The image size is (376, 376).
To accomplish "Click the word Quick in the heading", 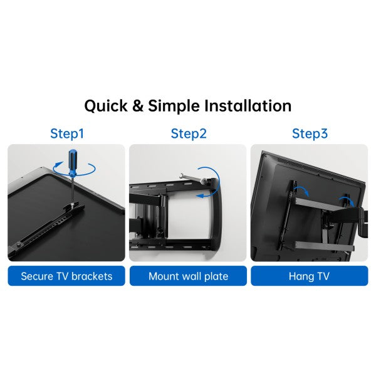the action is click(x=106, y=106).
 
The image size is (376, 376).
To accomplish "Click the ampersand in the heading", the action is click(x=138, y=106).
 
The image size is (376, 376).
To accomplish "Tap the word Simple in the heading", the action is click(x=174, y=106).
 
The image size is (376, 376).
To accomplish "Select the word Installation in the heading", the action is click(x=248, y=105).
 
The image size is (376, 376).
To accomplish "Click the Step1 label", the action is click(x=67, y=133).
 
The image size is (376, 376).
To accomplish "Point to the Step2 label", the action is click(x=189, y=133).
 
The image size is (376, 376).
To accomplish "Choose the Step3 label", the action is click(x=310, y=133).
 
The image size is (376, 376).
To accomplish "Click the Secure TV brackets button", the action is click(x=66, y=276).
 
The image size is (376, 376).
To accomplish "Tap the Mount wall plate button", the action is click(x=188, y=276).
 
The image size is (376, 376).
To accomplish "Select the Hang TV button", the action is click(x=310, y=276).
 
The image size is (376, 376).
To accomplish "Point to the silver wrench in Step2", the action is click(x=192, y=178).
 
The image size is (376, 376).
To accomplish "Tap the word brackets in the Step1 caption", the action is click(x=92, y=276).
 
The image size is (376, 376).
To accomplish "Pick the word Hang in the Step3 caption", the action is click(x=301, y=276).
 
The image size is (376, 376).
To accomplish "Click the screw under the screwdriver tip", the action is click(x=71, y=204).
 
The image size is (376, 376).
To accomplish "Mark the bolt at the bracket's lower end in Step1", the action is click(x=18, y=244).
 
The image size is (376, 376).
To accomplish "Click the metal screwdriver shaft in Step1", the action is click(x=72, y=190).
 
